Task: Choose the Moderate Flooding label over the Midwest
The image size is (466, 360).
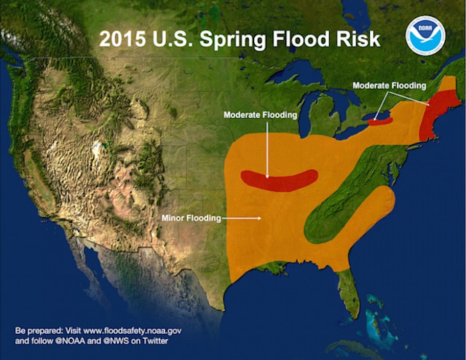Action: [260, 115]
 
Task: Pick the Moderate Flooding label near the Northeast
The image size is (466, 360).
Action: [389, 86]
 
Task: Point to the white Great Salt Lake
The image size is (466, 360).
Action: [95, 151]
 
